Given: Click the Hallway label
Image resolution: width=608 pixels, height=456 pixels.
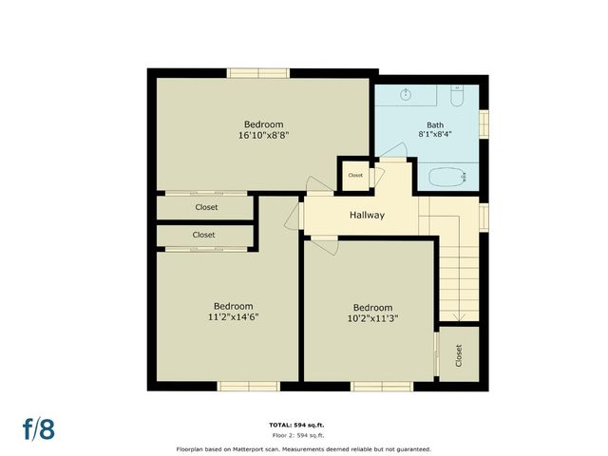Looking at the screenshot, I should pos(367,216).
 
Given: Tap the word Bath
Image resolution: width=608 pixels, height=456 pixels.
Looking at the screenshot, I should pos(434,124).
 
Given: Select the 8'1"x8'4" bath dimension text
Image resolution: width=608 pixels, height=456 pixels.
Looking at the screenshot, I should pos(434,135).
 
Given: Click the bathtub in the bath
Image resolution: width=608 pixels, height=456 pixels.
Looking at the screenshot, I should pos(447,176).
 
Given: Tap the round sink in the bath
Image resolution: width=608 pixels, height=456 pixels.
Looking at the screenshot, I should pos(406,94).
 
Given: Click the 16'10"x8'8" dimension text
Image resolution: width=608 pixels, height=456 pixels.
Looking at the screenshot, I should pos(263,136).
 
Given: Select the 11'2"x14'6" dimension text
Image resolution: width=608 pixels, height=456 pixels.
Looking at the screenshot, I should pos(234,317).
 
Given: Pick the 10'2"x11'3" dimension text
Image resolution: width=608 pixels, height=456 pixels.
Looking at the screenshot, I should pos(372,319).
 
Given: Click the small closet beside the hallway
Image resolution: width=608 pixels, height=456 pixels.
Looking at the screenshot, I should pos(355,176).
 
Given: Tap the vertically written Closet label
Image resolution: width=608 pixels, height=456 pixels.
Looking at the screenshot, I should pos(458,356).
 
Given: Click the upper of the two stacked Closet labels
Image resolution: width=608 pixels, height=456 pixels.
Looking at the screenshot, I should pos(206,207).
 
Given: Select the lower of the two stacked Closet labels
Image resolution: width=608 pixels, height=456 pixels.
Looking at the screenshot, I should pos(203,235).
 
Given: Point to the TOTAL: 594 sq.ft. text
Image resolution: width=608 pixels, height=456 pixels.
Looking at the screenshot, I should pos(303,424).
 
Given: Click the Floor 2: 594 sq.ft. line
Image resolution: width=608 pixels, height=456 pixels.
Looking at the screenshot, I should pos(303,434).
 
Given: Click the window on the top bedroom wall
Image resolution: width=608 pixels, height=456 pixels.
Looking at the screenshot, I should pos(258,72).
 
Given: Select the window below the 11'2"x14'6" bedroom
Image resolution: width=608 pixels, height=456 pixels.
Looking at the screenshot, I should pos(248,386).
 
